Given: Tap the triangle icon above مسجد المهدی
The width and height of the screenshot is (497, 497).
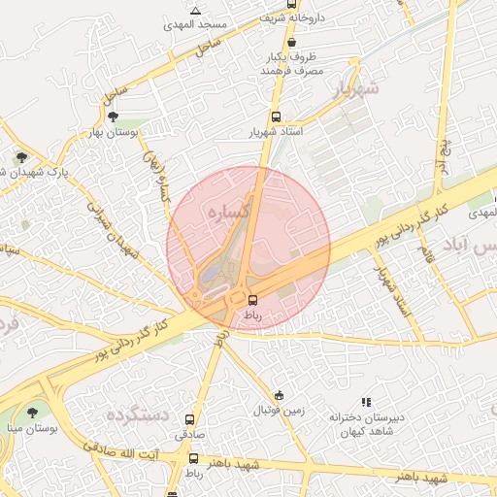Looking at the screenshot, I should (197, 11).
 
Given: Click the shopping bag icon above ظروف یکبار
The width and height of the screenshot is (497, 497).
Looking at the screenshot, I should (292, 43).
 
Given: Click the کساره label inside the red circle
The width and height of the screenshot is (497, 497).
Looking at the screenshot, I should (231, 210).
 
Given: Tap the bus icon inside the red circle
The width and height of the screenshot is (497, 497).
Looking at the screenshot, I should (253, 300).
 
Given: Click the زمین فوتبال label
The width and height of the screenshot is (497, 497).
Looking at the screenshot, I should (281, 410).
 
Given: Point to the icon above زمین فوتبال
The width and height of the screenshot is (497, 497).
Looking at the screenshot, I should (280, 395).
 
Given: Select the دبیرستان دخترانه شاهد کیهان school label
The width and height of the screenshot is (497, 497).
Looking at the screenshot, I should (364, 423).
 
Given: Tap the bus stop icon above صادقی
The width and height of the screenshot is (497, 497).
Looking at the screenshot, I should (188, 421).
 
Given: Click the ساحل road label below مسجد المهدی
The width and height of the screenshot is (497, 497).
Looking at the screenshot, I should (206, 49).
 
